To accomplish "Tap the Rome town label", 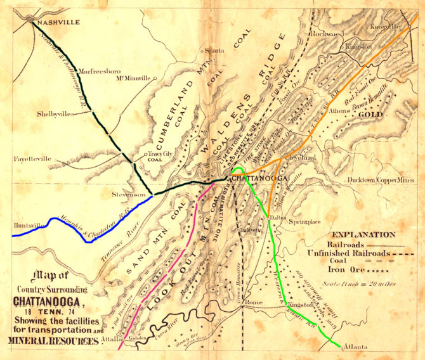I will pyautogui.click(x=254, y=303).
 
